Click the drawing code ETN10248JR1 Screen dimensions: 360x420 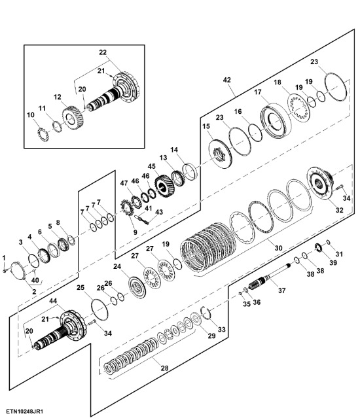(25, 411)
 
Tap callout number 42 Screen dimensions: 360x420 (226, 80)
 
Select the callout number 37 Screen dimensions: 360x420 (281, 290)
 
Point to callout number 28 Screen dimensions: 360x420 (164, 368)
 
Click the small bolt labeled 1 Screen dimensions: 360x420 (5, 271)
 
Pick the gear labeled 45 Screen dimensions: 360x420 (164, 186)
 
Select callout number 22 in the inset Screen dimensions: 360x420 (103, 52)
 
